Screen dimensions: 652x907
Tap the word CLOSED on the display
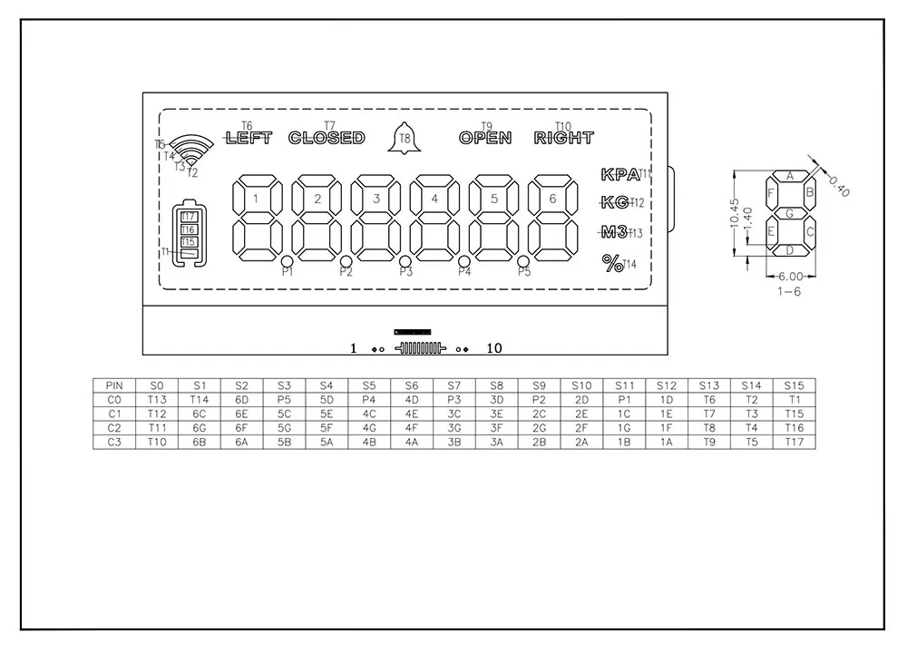(327, 138)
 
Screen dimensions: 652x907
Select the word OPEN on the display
(485, 138)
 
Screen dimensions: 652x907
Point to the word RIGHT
(563, 138)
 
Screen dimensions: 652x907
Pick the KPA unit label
(619, 175)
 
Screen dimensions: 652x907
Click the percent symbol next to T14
(613, 263)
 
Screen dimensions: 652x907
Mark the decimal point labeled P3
(405, 263)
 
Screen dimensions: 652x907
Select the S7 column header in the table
(454, 385)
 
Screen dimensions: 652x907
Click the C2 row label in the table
(113, 427)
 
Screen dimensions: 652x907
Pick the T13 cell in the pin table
(157, 399)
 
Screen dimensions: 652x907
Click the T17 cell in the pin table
(795, 441)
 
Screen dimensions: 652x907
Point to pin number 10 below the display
(494, 348)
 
